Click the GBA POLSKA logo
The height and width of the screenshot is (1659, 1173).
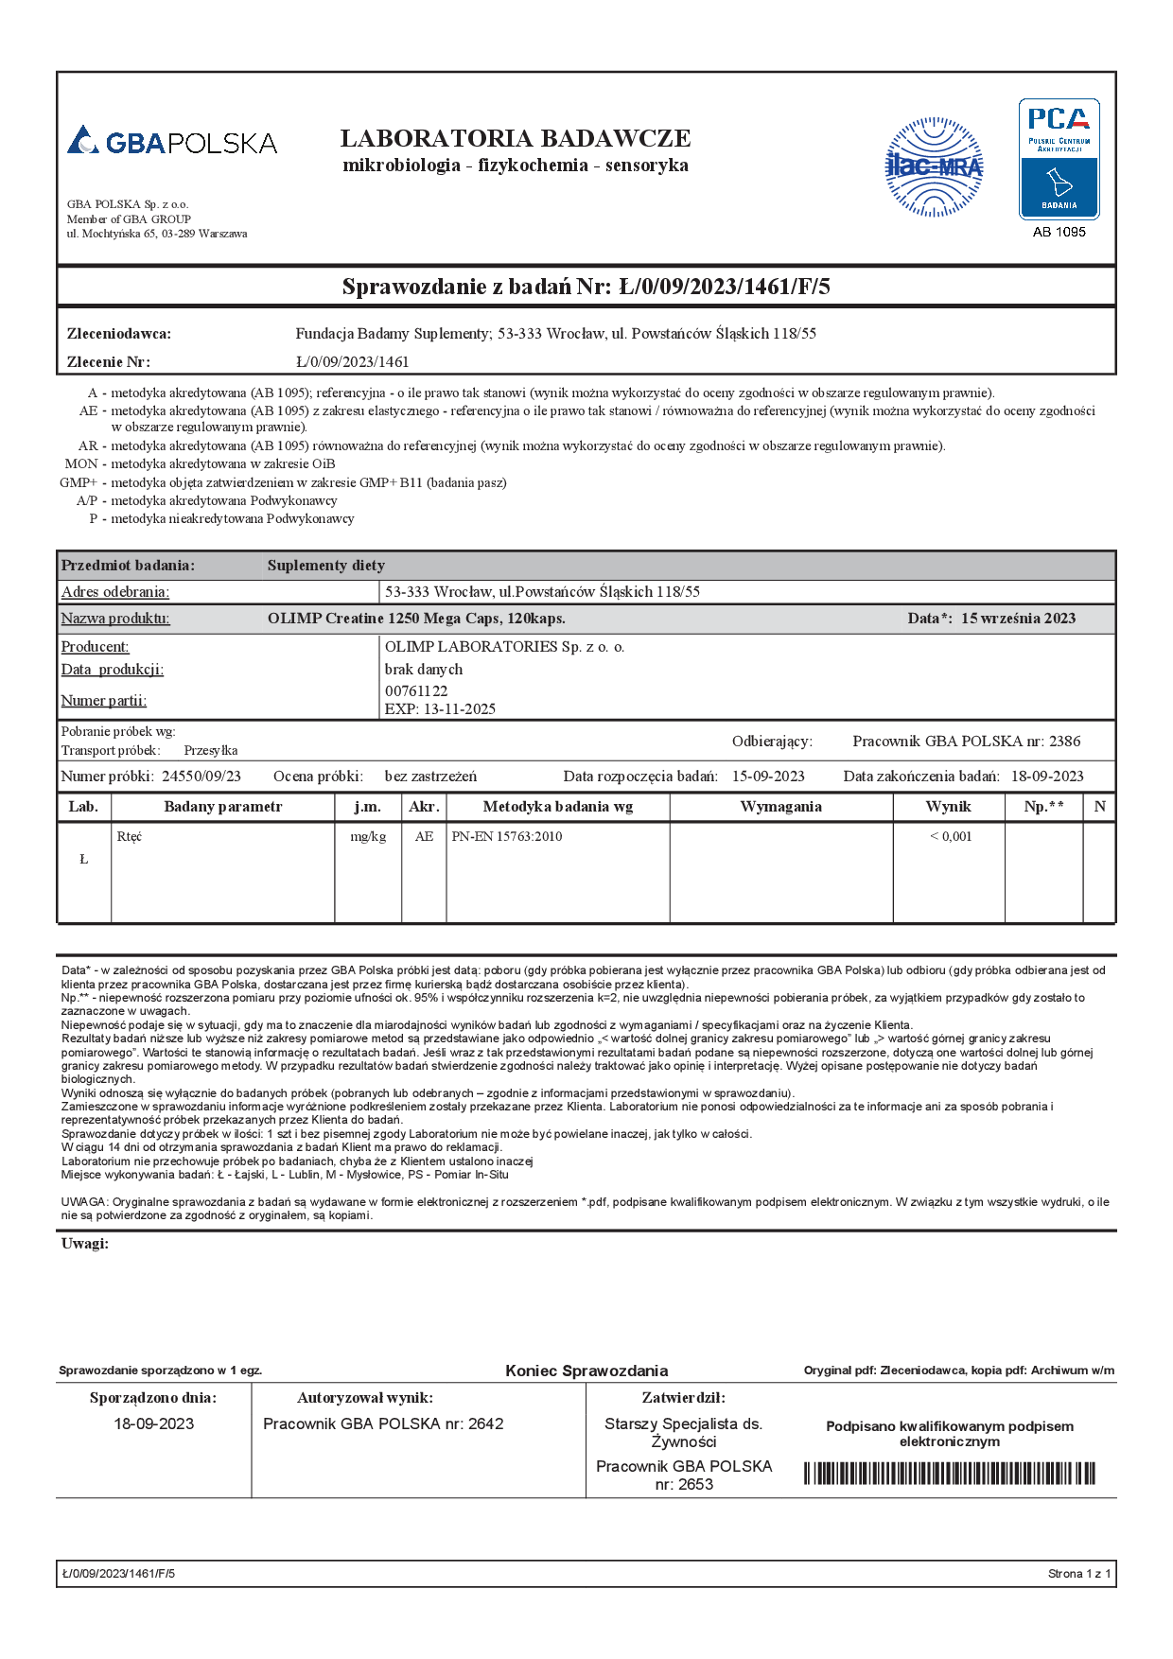click(x=172, y=142)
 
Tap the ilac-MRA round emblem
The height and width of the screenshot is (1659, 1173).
click(x=934, y=167)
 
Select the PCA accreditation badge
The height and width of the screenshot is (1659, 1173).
click(x=1059, y=159)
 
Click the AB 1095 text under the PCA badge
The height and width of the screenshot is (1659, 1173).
click(x=1059, y=232)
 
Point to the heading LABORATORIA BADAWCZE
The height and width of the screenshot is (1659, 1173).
click(x=516, y=138)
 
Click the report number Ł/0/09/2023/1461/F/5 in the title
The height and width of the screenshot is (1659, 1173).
click(x=725, y=287)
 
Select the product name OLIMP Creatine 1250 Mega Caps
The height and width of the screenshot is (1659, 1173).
click(x=416, y=619)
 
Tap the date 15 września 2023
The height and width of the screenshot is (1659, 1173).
click(x=1018, y=619)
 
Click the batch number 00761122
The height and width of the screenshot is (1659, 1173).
click(x=416, y=690)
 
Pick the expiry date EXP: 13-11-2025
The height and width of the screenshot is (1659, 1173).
click(x=440, y=708)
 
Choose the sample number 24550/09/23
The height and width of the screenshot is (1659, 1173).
click(x=201, y=776)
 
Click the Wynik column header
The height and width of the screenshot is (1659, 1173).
click(x=948, y=807)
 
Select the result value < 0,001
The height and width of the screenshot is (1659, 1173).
click(x=950, y=836)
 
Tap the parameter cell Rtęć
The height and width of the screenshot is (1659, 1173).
click(x=130, y=836)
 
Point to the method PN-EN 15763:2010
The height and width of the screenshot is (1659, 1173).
click(x=507, y=836)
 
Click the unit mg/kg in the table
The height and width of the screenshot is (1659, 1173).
click(x=368, y=836)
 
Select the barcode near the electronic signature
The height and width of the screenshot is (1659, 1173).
click(x=949, y=1473)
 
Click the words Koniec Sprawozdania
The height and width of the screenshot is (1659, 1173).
click(x=586, y=1371)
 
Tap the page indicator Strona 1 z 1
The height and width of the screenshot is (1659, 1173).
click(x=1079, y=1574)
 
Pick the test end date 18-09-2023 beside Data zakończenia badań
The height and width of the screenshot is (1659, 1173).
click(x=1047, y=776)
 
